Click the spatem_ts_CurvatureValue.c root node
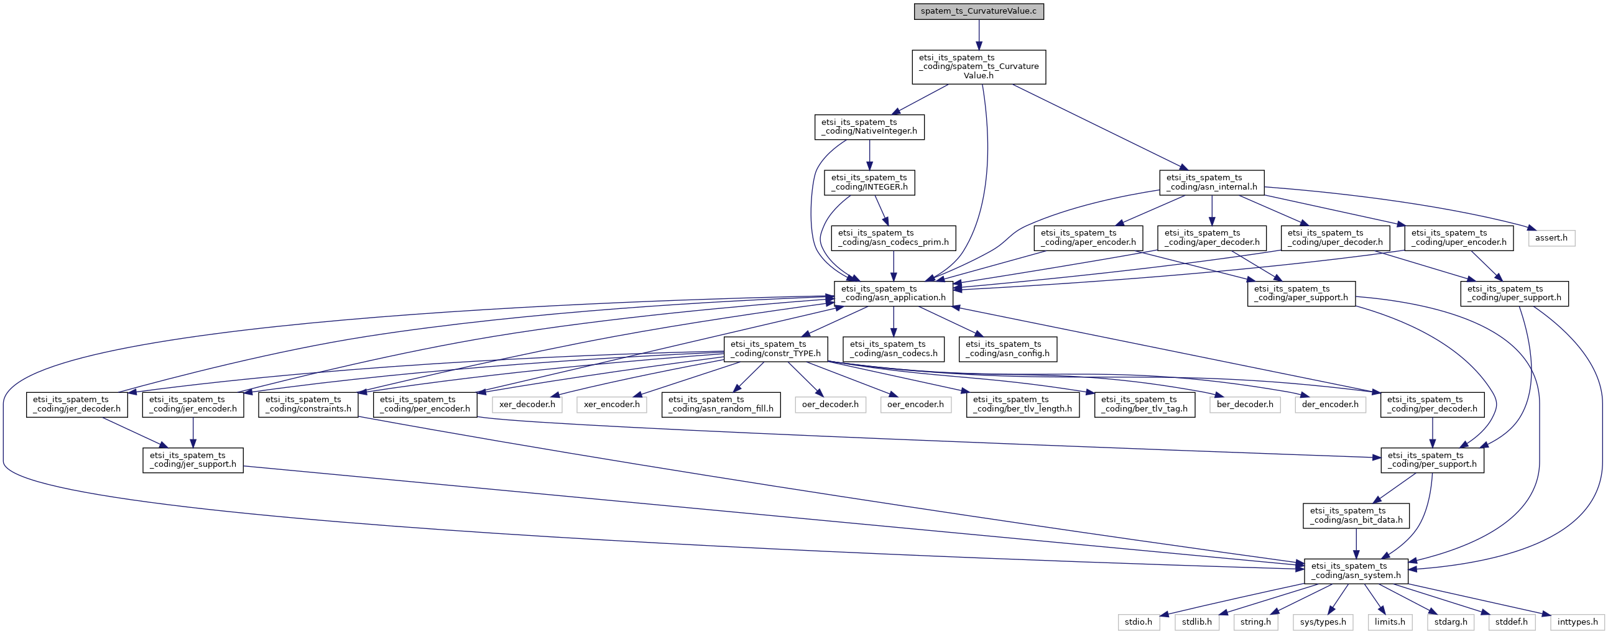click(x=979, y=11)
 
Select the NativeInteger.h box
click(x=869, y=127)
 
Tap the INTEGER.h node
click(x=869, y=182)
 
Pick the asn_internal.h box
click(x=1212, y=182)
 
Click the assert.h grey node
click(x=1552, y=237)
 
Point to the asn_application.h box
click(x=894, y=293)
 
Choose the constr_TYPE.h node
click(x=775, y=349)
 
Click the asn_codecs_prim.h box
click(x=894, y=237)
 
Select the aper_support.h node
click(x=1301, y=293)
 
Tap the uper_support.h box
click(x=1513, y=293)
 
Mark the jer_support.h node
click(x=193, y=460)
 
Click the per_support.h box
click(x=1432, y=460)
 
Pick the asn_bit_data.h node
click(x=1356, y=515)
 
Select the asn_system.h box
click(x=1356, y=571)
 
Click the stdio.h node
click(x=1139, y=622)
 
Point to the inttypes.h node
click(x=1578, y=622)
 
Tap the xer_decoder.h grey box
click(x=527, y=405)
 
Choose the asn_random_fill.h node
click(x=721, y=405)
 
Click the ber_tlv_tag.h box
click(x=1144, y=405)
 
